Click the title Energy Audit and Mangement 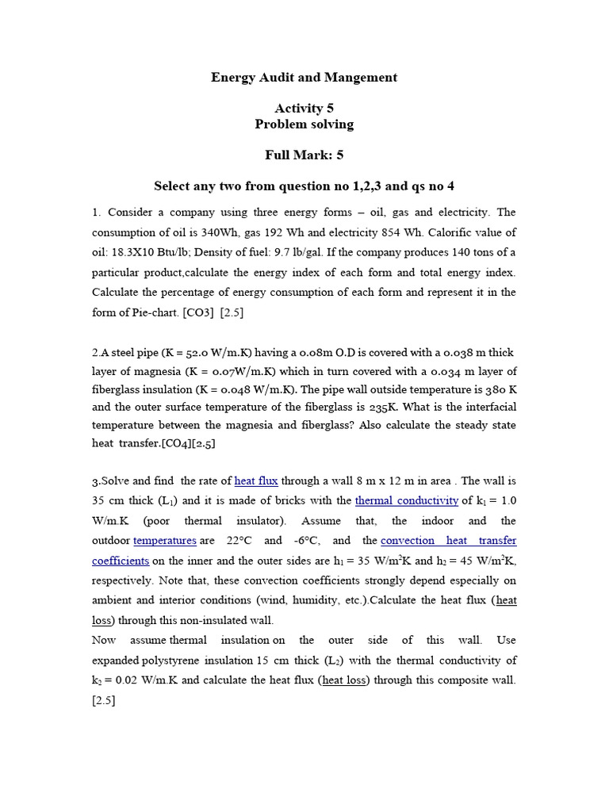pos(304,78)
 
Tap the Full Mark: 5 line pos(304,155)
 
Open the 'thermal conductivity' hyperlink pos(407,500)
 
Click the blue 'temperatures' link pos(165,541)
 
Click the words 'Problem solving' pos(304,124)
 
